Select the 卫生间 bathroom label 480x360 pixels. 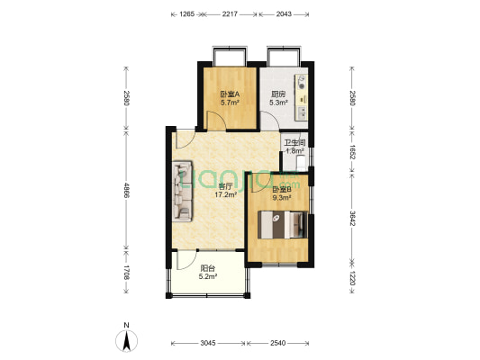tap(295, 143)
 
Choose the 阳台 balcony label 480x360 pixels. tap(207, 266)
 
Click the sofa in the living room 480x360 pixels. tap(183, 191)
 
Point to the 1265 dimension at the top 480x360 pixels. tap(187, 14)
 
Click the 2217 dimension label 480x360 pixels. tap(231, 14)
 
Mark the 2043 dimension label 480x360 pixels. tap(283, 14)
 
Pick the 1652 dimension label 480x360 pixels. tap(353, 152)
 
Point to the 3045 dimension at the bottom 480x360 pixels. tap(208, 343)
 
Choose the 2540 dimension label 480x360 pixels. tap(277, 343)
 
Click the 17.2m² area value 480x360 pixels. tap(224, 194)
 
